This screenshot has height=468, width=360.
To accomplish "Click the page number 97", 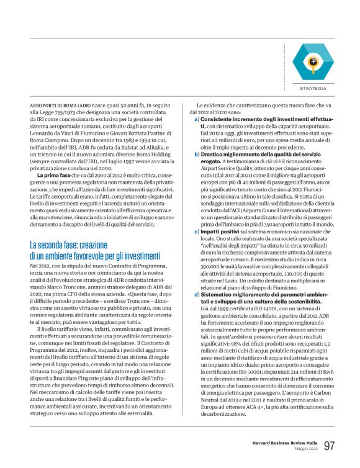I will pos(330,446).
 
